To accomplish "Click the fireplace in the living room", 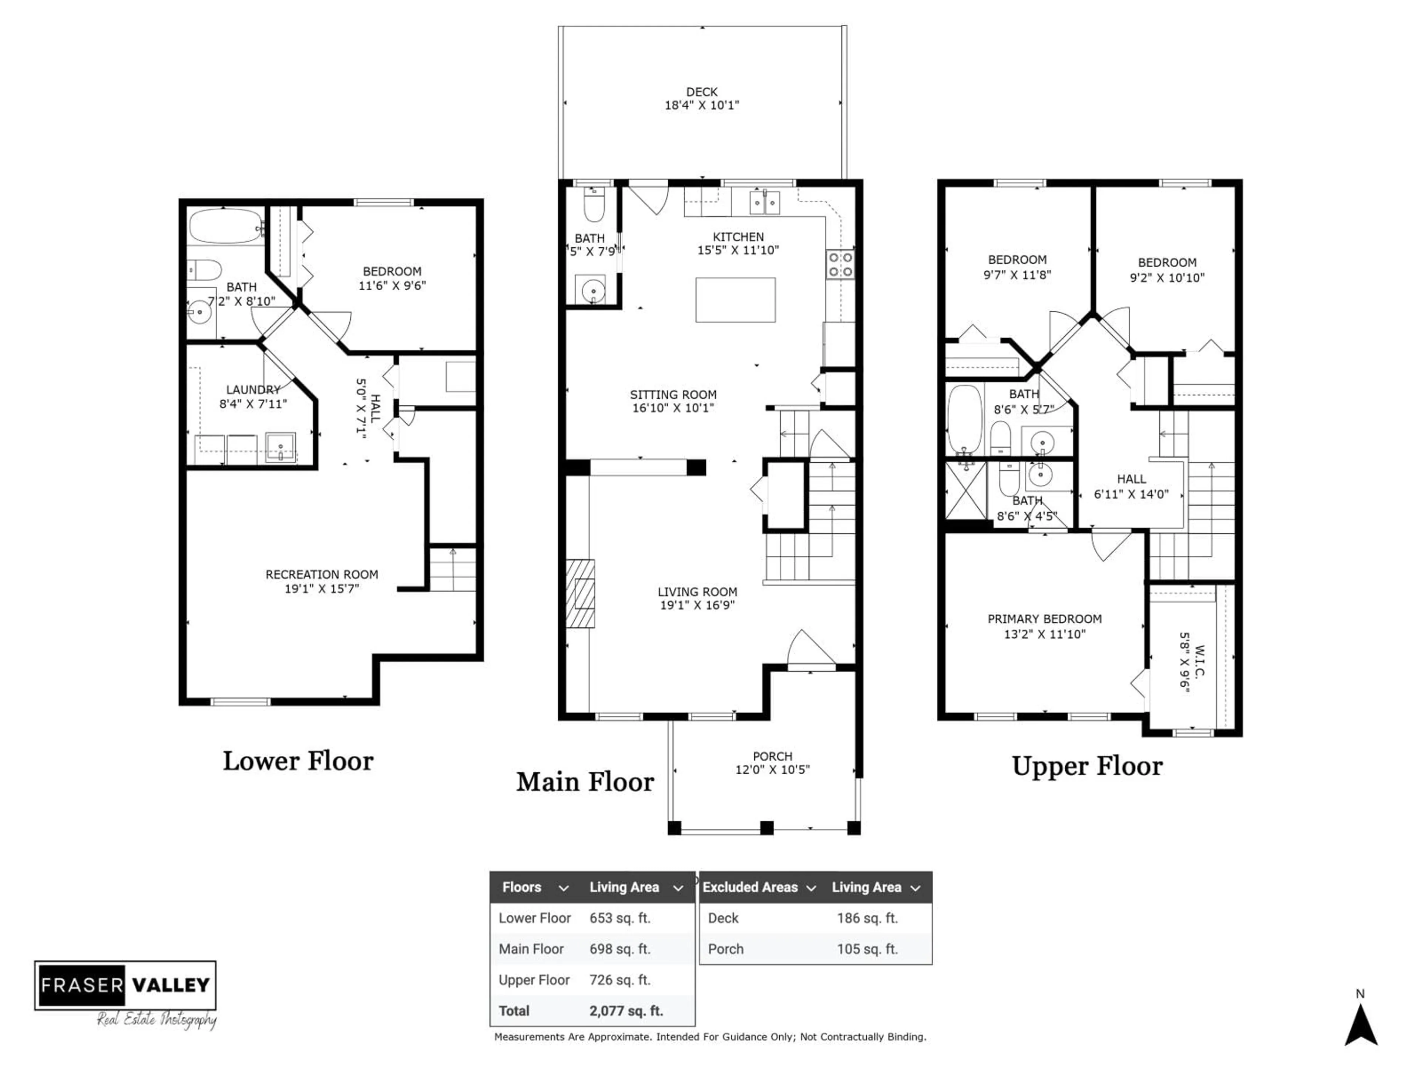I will [580, 593].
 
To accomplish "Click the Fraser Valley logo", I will [125, 985].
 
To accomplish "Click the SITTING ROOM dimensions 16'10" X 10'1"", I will [673, 408].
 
